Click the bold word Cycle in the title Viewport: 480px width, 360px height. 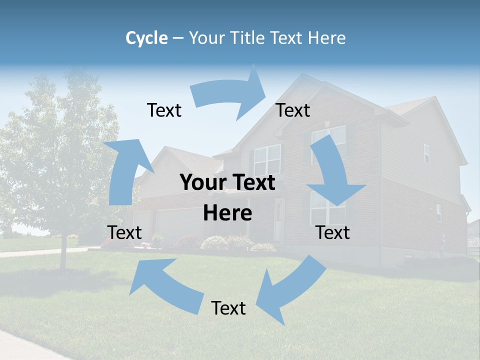tap(146, 38)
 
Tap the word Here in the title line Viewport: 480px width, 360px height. tap(326, 38)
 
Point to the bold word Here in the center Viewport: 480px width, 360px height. tap(227, 213)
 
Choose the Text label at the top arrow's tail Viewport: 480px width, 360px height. tap(164, 110)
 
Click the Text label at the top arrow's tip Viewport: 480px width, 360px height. tap(293, 110)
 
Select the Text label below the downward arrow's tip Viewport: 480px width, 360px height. tap(333, 232)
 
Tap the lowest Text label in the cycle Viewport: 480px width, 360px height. tap(228, 308)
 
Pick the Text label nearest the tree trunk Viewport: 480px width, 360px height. tap(124, 232)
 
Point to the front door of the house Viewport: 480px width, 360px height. tap(278, 220)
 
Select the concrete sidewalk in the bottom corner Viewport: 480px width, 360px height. tap(25, 345)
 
